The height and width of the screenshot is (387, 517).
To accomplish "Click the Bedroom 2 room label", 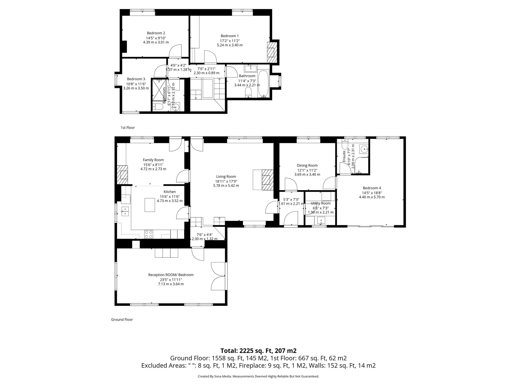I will tap(156, 33).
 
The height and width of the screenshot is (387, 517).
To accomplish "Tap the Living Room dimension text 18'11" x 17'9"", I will tap(226, 181).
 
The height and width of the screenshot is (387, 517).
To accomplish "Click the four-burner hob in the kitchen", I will tap(148, 234).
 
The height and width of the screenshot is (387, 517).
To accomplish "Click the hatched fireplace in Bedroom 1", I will tap(271, 53).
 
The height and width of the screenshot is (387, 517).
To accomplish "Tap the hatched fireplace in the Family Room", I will tap(122, 175).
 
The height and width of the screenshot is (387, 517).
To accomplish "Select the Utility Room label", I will tap(321, 203).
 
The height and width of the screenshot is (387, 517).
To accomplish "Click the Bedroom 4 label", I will tap(372, 188).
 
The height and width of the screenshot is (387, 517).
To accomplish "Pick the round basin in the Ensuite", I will tap(364, 149).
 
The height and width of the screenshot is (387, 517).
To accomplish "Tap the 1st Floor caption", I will tap(128, 127).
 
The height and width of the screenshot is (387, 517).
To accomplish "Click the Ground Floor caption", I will tap(122, 319).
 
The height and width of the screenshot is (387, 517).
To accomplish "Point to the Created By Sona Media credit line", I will tap(258, 376).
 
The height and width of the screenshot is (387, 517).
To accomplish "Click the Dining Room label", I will tap(307, 165).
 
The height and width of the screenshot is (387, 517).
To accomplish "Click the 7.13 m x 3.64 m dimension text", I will tap(171, 284).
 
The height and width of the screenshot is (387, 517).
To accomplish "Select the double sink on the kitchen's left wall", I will tap(125, 211).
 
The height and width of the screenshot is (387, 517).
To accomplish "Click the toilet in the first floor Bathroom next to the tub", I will tap(248, 92).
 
